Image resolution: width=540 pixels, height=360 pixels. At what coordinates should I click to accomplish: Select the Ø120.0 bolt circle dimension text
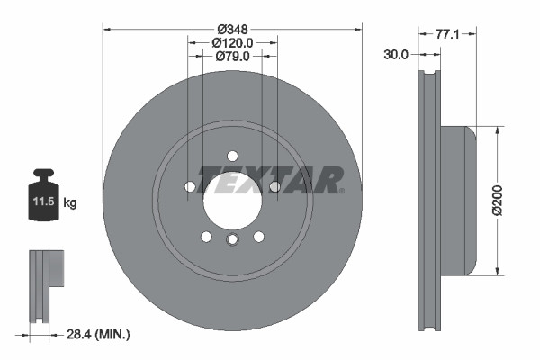tap(232, 41)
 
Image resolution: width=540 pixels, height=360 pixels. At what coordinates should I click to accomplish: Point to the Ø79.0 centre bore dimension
tap(232, 58)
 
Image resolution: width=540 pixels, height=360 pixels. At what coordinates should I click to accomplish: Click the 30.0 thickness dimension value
tap(396, 54)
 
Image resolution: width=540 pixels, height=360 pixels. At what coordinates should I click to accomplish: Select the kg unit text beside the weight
tap(70, 203)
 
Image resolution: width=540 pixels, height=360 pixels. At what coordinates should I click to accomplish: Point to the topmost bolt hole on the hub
tap(232, 155)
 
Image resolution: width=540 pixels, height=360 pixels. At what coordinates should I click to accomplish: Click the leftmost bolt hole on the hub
tap(190, 186)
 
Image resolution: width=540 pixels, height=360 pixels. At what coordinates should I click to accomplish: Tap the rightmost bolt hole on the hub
tap(274, 186)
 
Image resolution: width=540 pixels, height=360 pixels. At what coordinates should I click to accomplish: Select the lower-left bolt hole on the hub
tap(206, 236)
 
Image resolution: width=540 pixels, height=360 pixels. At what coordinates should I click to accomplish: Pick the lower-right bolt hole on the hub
tap(259, 236)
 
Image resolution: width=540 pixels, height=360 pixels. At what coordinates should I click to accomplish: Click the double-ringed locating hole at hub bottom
tap(232, 238)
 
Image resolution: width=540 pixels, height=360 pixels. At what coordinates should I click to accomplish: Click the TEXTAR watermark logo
tap(270, 179)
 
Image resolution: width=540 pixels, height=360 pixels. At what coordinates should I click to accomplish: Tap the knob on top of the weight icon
tap(44, 173)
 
